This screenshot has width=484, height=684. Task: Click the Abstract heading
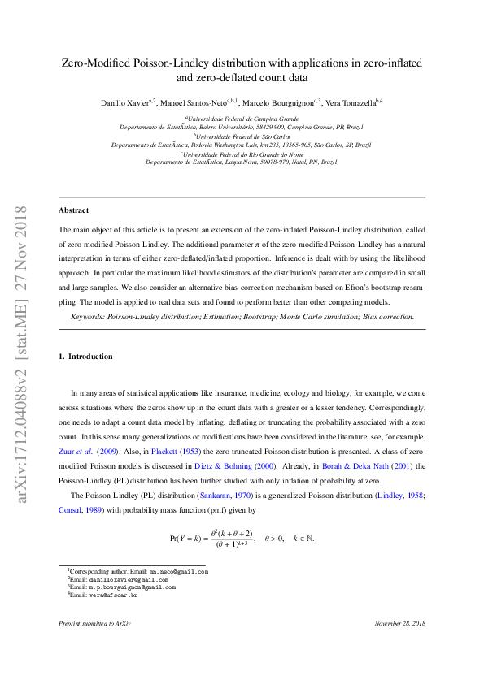pos(73,210)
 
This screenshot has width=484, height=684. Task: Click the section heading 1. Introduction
pos(85,357)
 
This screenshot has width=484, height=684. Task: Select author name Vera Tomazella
pos(347,102)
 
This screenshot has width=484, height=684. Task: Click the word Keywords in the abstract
pos(86,316)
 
